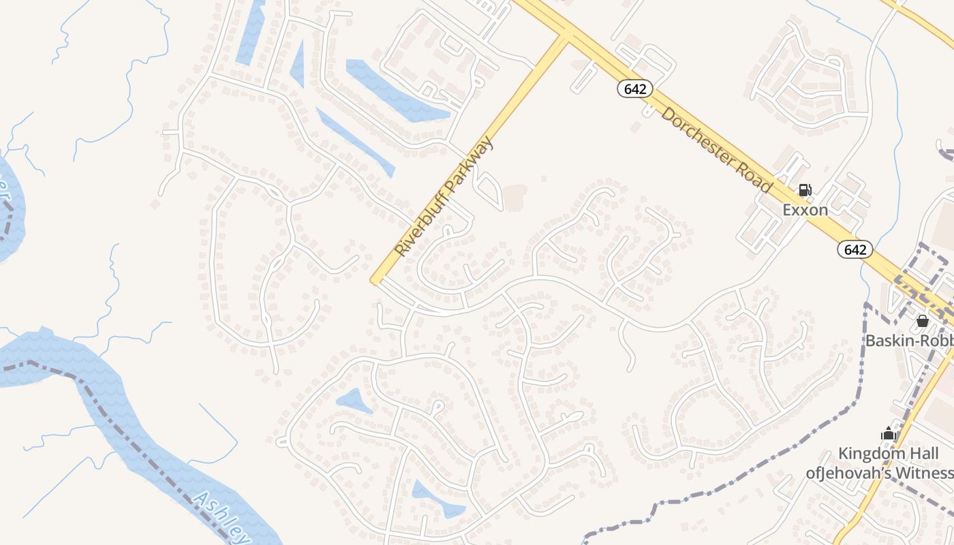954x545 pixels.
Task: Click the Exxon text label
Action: point(805,210)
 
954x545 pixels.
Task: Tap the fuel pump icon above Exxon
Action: point(805,190)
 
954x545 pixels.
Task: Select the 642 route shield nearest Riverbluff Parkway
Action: point(635,89)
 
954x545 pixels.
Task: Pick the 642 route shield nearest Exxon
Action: point(855,249)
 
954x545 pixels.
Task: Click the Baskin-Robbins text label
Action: point(909,339)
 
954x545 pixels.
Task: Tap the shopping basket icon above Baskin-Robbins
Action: point(922,320)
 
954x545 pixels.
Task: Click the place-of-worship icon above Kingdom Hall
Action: point(888,433)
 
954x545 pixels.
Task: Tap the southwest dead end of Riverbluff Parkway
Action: point(374,279)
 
